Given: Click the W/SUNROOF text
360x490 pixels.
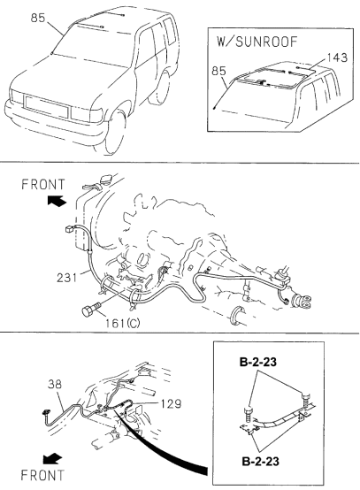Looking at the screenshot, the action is point(257,42).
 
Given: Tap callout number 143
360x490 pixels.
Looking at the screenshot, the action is point(337,57).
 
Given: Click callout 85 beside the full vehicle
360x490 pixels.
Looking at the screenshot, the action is point(38,18).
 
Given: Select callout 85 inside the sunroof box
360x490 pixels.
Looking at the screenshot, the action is point(218,71).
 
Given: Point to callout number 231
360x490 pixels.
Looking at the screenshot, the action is point(67,277).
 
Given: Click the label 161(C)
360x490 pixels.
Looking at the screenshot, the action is point(122,323).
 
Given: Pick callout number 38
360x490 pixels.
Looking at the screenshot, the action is point(55,384).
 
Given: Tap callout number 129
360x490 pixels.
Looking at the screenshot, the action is point(172,403).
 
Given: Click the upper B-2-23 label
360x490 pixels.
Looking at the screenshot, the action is point(258,362).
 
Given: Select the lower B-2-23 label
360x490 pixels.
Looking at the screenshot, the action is point(260,461).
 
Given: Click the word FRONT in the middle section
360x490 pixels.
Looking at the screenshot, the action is point(42,184).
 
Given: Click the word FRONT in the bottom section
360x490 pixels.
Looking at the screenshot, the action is point(42,475).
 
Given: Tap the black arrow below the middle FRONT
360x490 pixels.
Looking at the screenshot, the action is point(57,200).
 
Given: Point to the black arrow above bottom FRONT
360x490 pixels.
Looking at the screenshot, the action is point(52,459).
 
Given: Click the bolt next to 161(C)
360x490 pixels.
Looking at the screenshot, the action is point(90,309).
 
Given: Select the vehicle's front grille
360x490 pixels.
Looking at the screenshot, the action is point(46,107).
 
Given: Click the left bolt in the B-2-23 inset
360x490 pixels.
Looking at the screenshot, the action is point(249,415).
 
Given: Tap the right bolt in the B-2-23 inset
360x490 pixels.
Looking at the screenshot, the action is point(307,401).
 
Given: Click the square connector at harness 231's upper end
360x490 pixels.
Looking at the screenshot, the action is point(69,230).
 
